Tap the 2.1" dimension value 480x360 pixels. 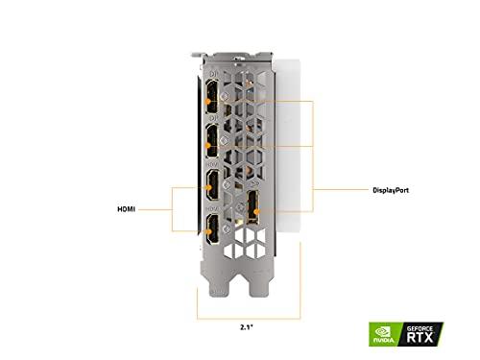tap(249, 325)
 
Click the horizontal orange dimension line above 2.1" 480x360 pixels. tap(248, 314)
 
